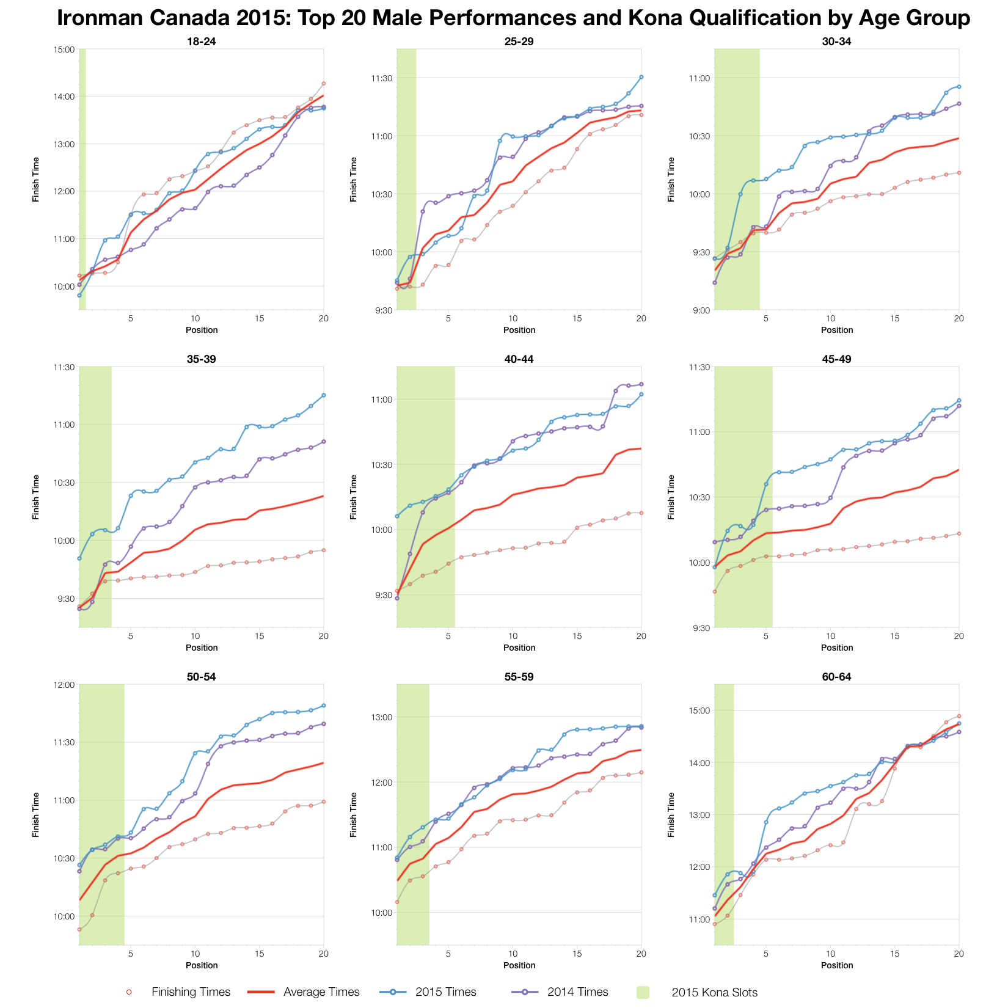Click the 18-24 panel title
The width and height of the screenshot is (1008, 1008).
(201, 42)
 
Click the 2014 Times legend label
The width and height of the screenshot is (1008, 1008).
(577, 992)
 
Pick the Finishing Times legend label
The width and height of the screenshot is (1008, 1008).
(191, 992)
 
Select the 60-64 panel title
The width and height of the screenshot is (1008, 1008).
(836, 677)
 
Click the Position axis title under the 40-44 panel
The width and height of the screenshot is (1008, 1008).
(519, 648)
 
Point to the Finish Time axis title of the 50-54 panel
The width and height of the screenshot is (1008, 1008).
(36, 814)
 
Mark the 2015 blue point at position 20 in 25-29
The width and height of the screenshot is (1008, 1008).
(641, 77)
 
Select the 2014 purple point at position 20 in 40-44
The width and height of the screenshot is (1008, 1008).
(641, 384)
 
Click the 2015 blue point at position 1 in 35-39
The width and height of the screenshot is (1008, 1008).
(79, 558)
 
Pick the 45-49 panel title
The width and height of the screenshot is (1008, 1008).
(836, 359)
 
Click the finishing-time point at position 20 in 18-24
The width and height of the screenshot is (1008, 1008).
(324, 84)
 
